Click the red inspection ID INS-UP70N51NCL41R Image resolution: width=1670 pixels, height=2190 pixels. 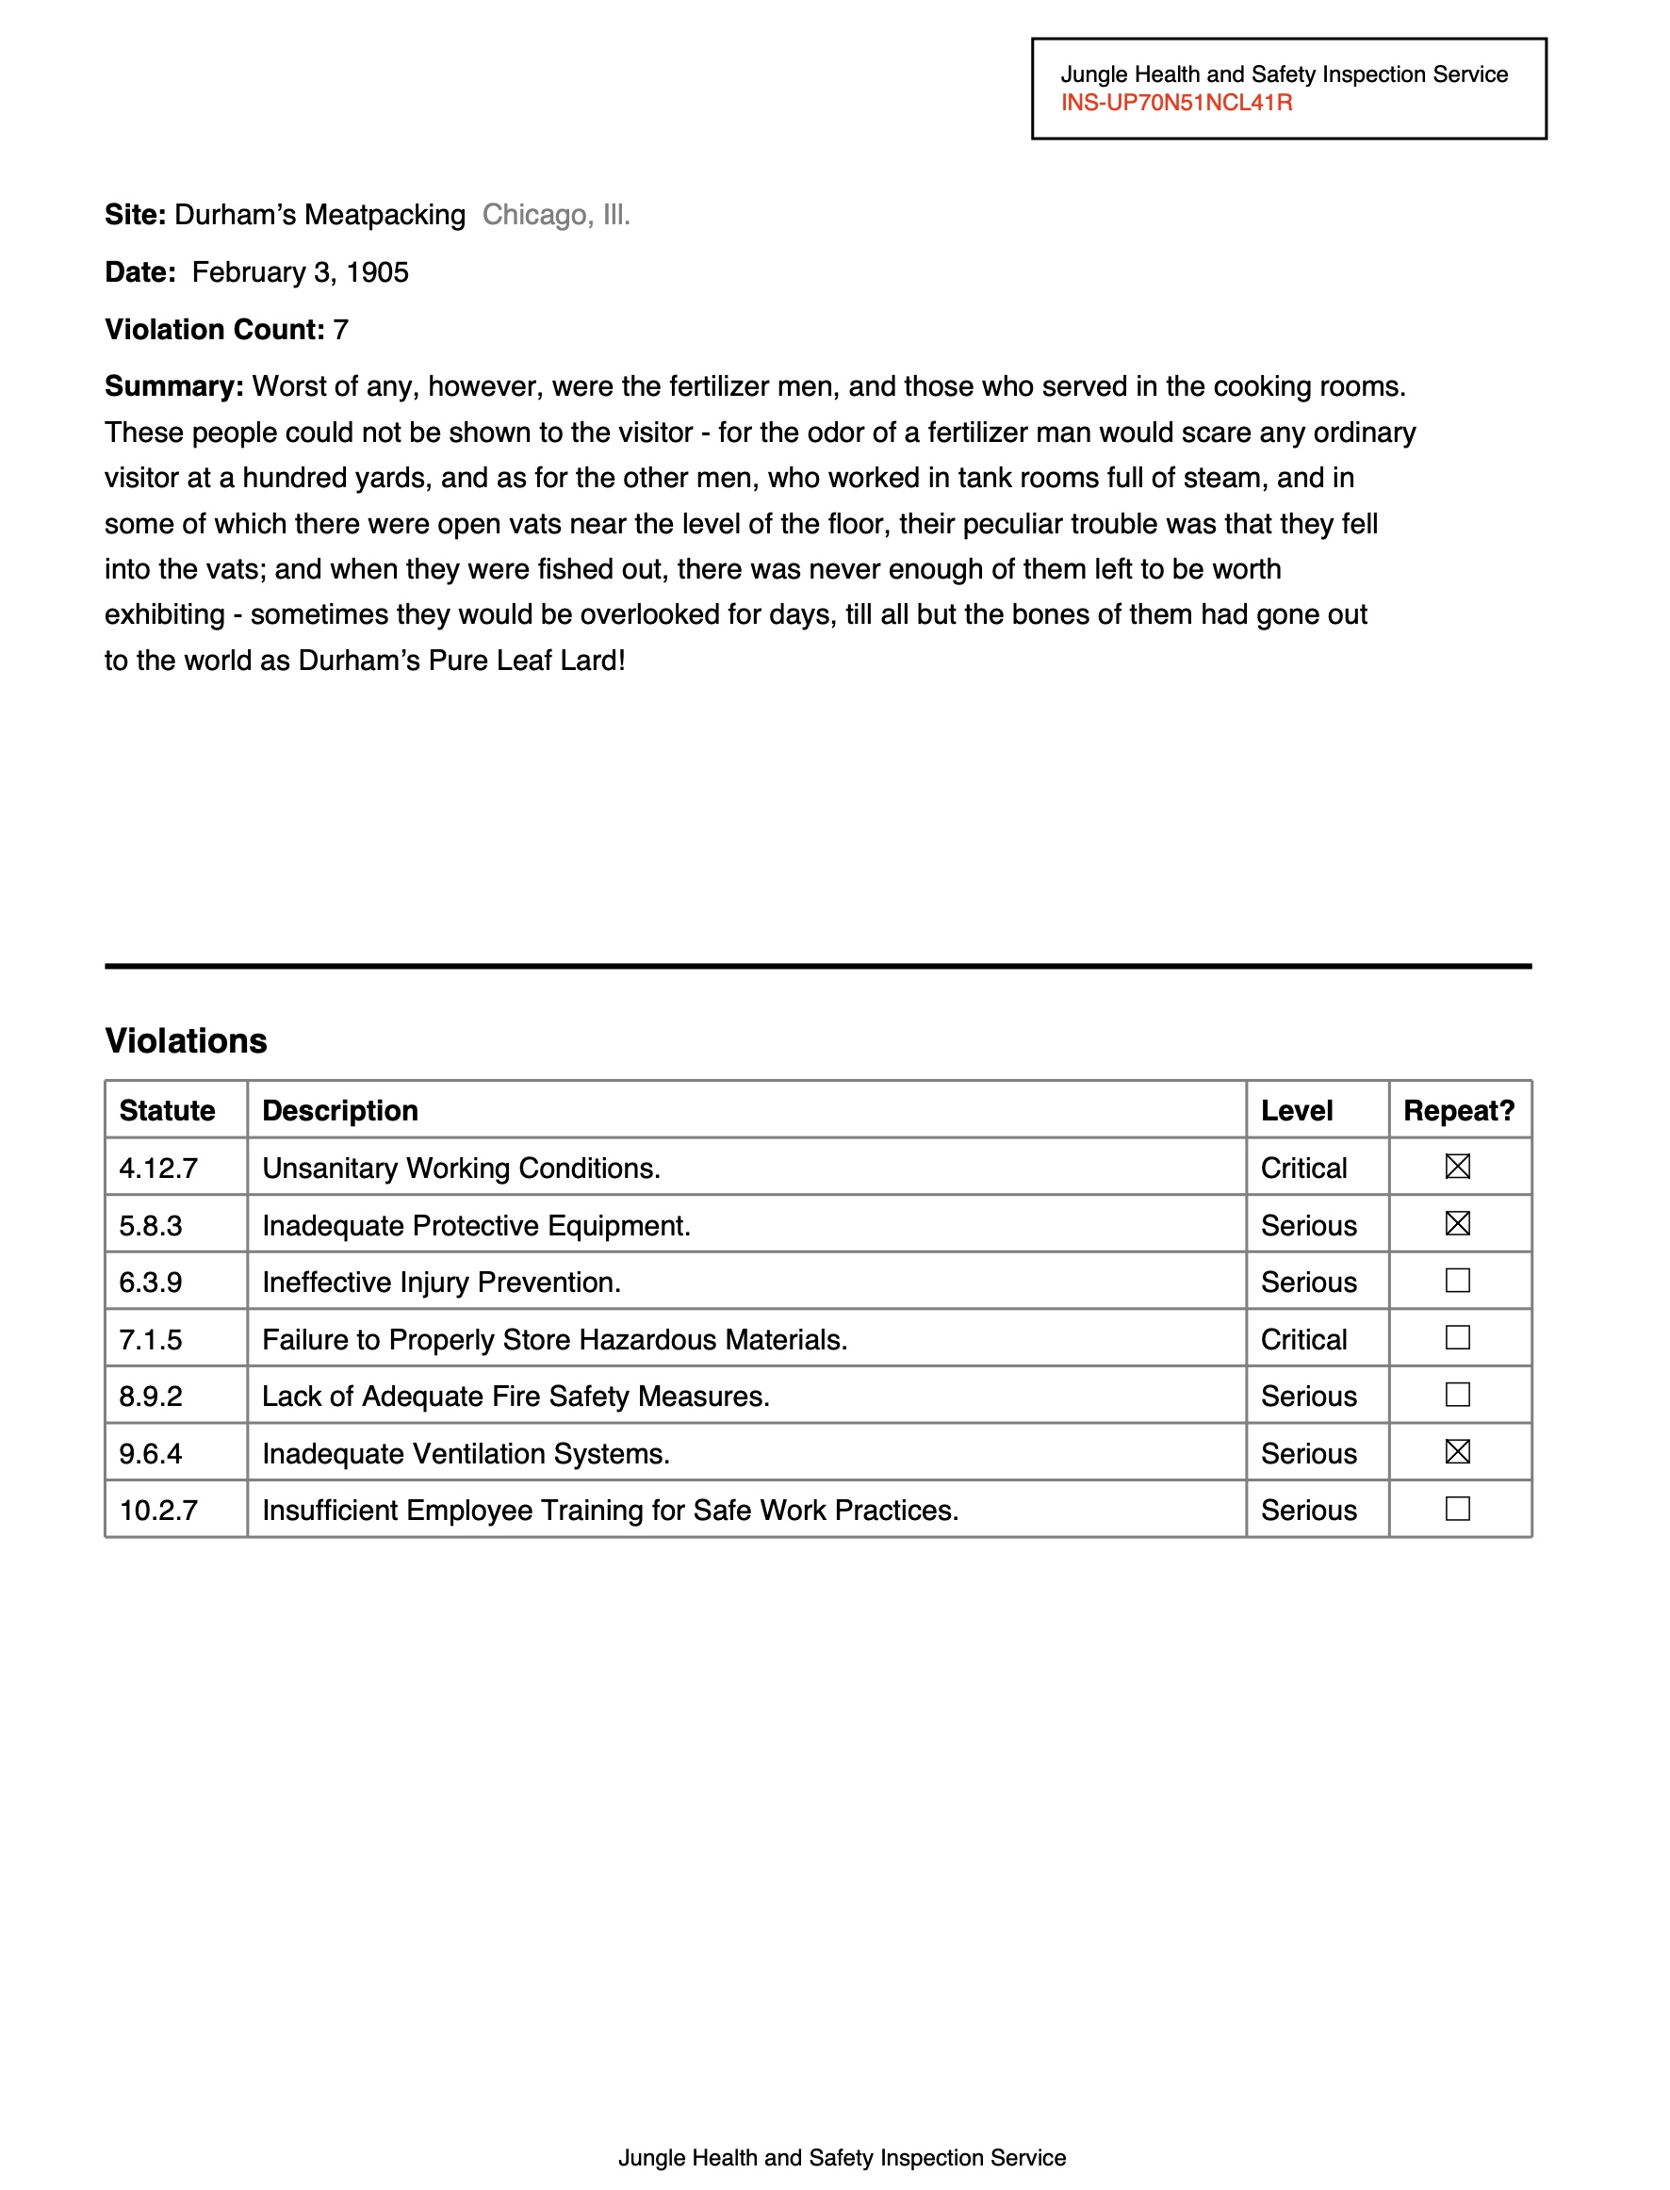click(1176, 104)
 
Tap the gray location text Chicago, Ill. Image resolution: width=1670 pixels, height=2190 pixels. click(556, 215)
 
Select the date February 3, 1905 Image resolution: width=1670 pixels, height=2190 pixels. click(301, 272)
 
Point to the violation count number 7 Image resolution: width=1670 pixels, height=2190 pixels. click(341, 330)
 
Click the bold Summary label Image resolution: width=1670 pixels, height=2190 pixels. click(174, 386)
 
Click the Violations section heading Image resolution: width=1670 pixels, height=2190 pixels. click(186, 1041)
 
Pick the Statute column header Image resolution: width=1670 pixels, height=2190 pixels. click(167, 1110)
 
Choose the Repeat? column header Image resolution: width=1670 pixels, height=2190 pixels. click(1458, 1110)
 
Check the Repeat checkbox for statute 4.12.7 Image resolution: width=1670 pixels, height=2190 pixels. click(1457, 1166)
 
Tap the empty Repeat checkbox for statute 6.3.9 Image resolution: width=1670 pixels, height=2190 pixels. click(1457, 1281)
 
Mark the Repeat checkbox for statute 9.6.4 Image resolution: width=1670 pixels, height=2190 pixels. click(1457, 1451)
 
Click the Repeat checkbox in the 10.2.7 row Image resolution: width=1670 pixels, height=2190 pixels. click(1457, 1509)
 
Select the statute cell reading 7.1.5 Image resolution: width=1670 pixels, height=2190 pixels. click(151, 1340)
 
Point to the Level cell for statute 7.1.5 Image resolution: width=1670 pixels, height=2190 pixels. click(1303, 1340)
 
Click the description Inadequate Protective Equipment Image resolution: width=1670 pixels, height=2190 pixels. click(476, 1226)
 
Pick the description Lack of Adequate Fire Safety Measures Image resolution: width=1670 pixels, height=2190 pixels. click(516, 1397)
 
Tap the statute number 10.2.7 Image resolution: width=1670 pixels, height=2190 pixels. click(159, 1511)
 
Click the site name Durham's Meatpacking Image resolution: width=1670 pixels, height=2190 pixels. click(320, 215)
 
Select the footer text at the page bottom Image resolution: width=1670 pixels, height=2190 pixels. click(842, 2158)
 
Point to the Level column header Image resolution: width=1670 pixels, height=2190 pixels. click(1296, 1110)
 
